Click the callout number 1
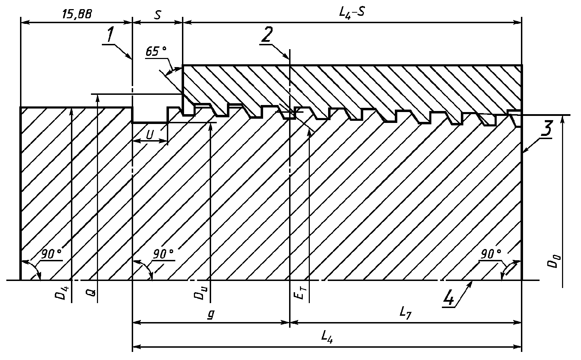[110, 35]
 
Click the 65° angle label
[156, 52]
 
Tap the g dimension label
[210, 315]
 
